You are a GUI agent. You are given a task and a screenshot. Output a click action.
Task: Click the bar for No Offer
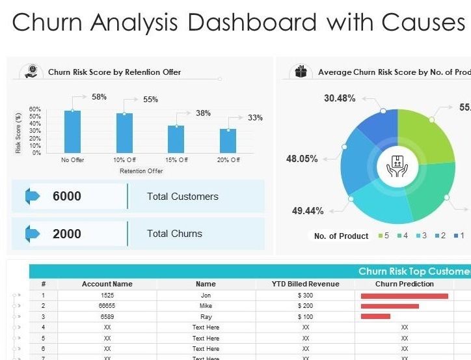point(73,132)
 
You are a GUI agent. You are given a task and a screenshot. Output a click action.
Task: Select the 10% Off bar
point(124,133)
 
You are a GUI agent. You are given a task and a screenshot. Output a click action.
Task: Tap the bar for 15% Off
point(176,139)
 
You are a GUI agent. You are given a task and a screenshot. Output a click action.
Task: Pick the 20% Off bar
point(228,141)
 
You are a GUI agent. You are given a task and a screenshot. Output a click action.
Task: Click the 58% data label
point(99,97)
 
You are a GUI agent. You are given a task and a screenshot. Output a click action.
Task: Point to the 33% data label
point(255,118)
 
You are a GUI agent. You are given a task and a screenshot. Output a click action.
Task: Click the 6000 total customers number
point(67,197)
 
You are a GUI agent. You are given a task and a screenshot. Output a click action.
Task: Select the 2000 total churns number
point(67,234)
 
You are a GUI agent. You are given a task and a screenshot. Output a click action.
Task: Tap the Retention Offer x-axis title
point(141,171)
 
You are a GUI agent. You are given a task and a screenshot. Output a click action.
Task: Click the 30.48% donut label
point(340,98)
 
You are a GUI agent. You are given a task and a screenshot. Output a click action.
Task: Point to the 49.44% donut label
point(308,210)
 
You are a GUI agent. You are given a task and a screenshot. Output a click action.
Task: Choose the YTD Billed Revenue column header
point(305,284)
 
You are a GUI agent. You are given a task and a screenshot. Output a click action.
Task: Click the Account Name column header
point(107,284)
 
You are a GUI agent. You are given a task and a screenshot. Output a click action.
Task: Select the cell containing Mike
point(206,306)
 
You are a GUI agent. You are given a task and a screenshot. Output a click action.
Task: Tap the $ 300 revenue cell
point(305,296)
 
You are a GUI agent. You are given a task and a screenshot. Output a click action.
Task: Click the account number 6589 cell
point(107,316)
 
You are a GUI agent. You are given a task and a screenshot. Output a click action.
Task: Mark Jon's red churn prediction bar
point(405,296)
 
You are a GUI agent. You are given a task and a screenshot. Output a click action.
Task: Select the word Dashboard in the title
point(250,22)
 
